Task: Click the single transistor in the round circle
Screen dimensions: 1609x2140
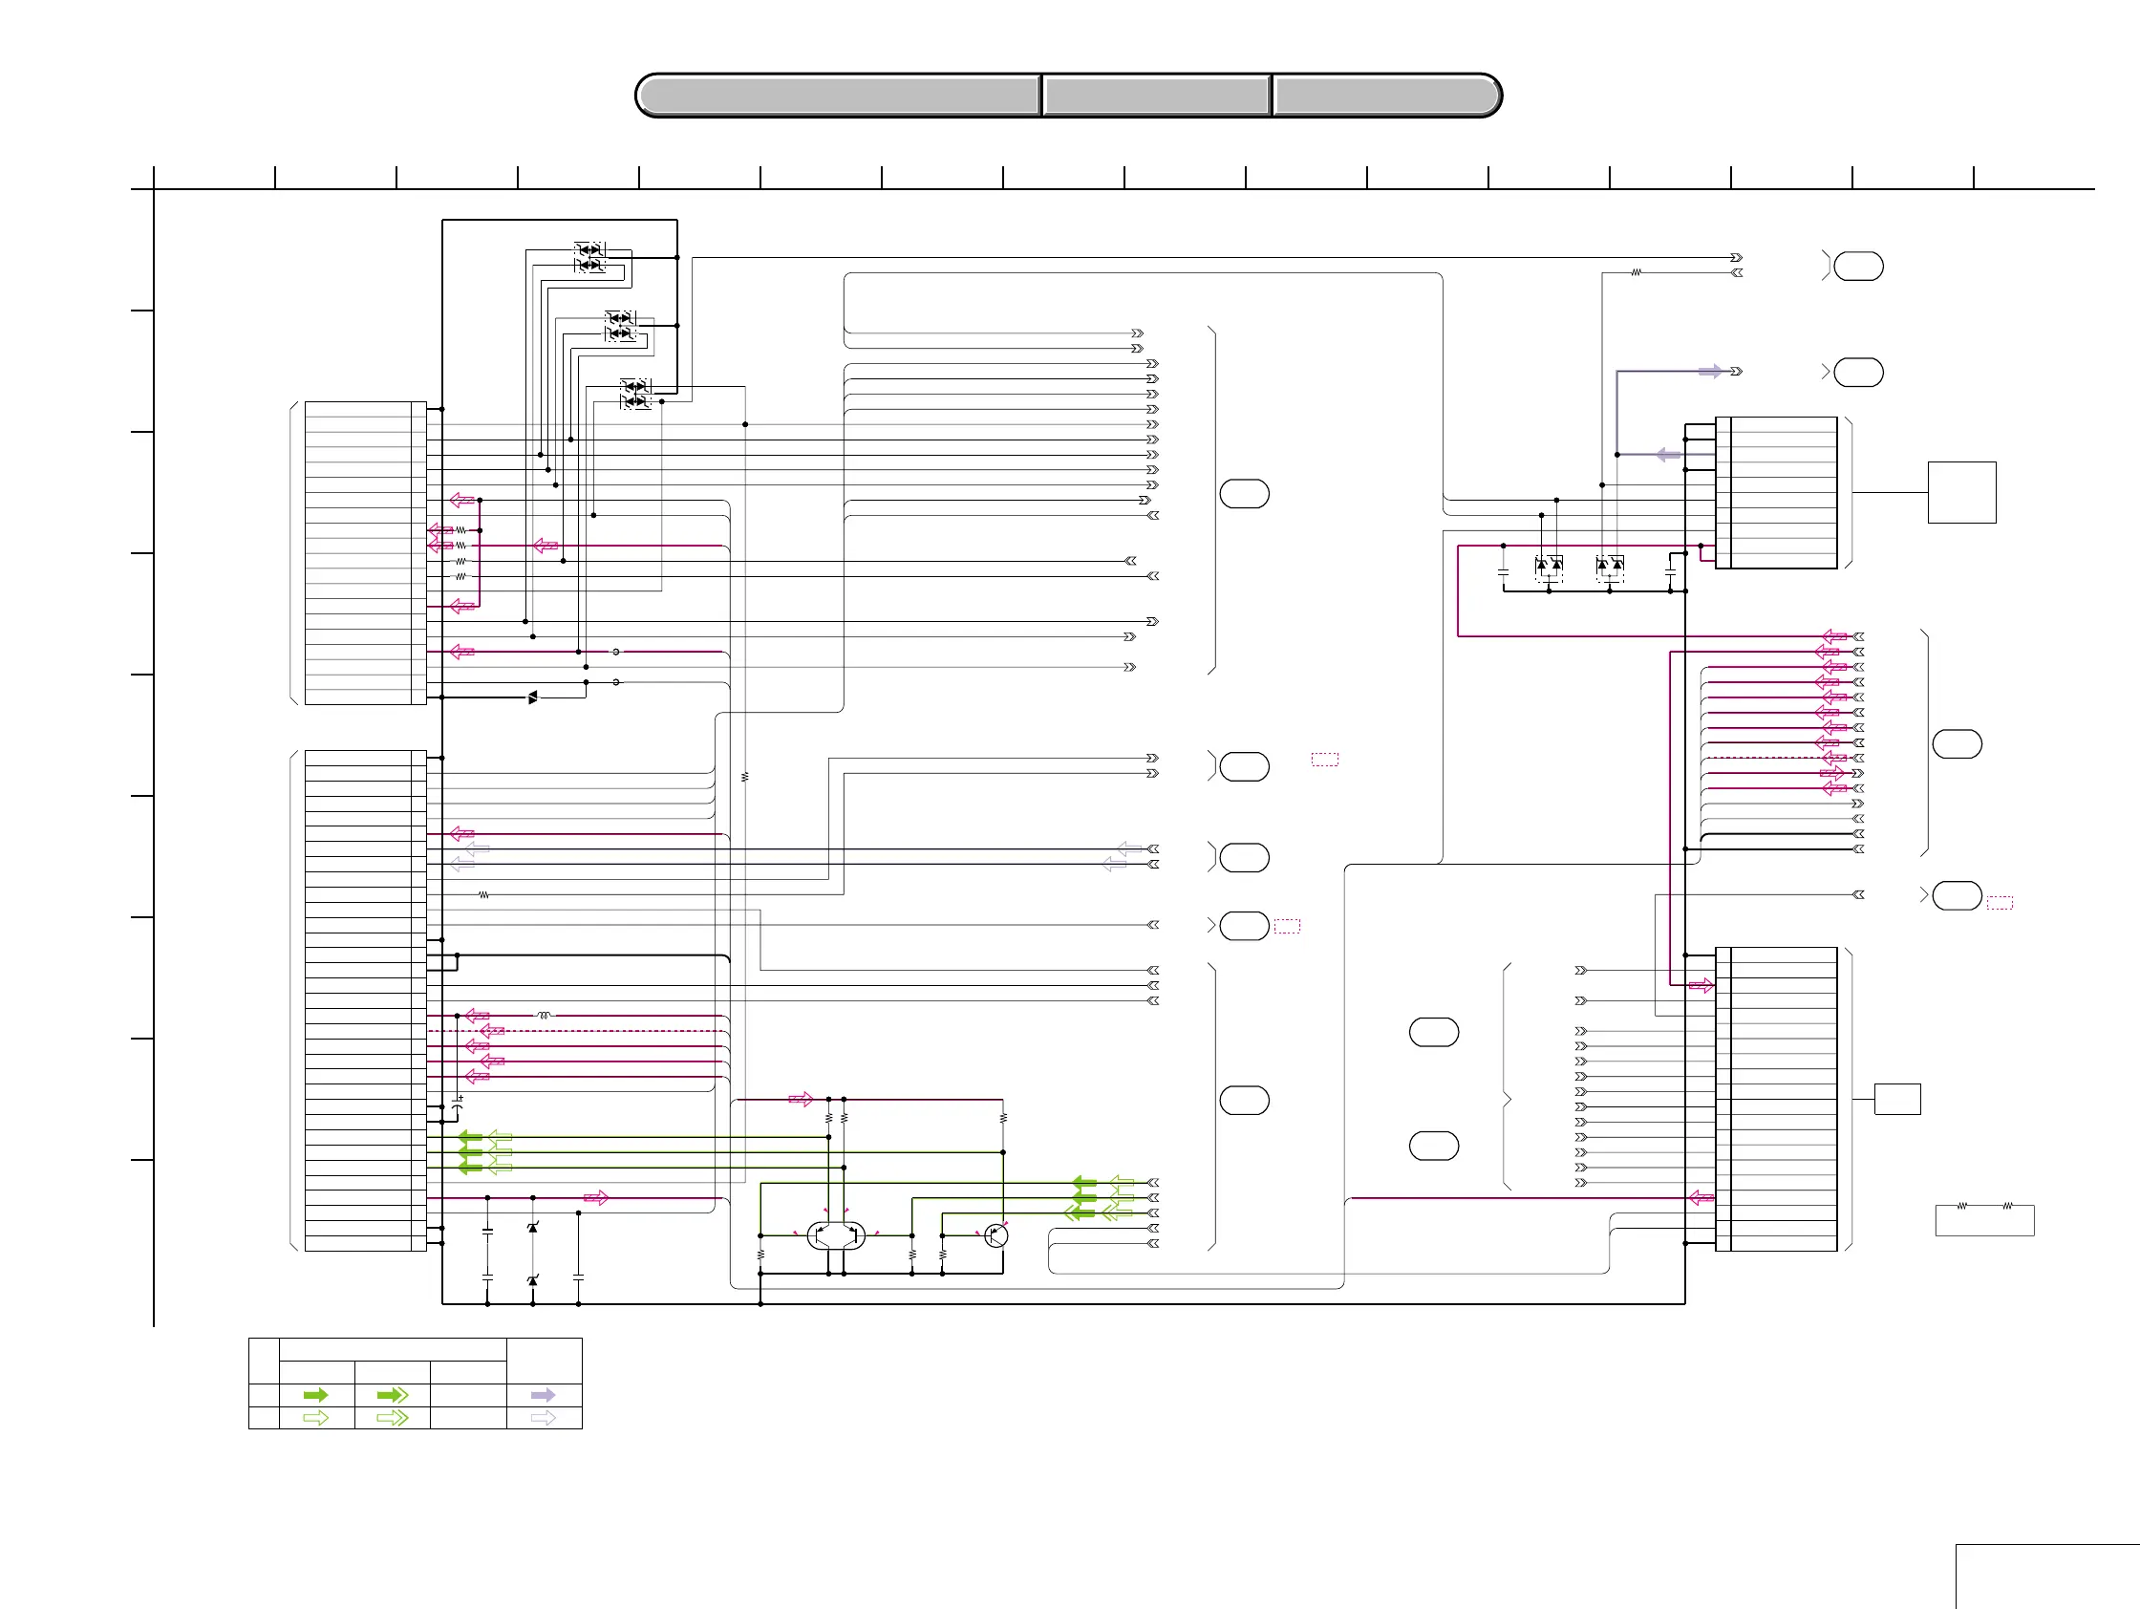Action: [995, 1235]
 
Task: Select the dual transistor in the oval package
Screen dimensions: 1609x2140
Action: [836, 1235]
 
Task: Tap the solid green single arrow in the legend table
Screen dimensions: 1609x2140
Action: [315, 1395]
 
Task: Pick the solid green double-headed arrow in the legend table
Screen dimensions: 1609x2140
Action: [392, 1395]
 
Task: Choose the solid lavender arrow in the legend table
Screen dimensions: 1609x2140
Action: [544, 1395]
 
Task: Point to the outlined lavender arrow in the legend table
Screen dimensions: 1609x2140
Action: [544, 1417]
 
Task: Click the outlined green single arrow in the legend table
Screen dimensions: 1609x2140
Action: [315, 1417]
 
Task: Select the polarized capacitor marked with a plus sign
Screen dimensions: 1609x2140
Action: [458, 1100]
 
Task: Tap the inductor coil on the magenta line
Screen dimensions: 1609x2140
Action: [544, 1015]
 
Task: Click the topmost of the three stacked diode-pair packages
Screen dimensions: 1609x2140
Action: [589, 257]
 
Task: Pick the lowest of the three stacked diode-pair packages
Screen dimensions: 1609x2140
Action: [635, 394]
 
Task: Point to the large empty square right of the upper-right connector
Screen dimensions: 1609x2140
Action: [1962, 492]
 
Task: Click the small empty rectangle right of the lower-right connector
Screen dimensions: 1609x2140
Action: [1897, 1099]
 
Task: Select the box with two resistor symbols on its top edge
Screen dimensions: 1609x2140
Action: [1984, 1219]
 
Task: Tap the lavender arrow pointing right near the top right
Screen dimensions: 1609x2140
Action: [1709, 372]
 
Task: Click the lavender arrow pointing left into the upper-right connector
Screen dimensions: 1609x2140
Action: [1668, 454]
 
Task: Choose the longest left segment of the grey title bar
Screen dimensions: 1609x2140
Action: [839, 96]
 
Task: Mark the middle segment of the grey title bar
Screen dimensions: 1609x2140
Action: [1157, 96]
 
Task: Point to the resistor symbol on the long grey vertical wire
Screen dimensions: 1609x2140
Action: [745, 777]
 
